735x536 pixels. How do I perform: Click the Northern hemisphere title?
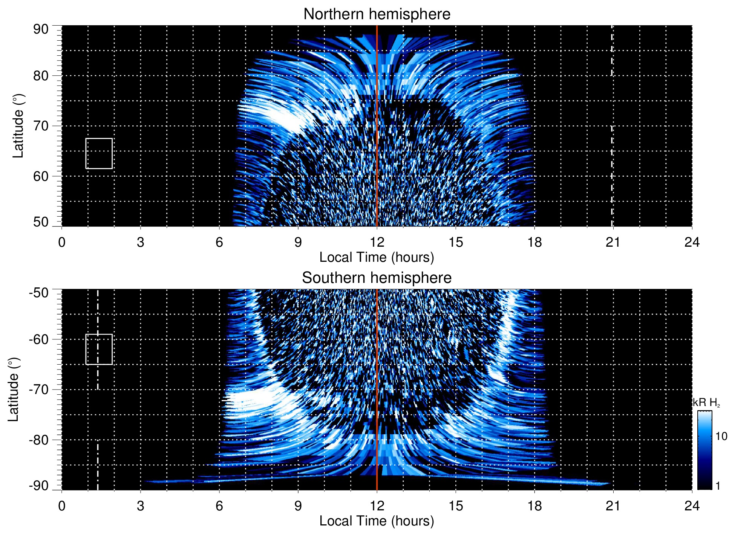(377, 14)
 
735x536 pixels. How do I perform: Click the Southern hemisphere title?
(377, 278)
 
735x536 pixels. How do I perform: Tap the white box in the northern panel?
(99, 153)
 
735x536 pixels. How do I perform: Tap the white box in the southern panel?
(99, 349)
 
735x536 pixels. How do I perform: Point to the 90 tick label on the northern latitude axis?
(41, 29)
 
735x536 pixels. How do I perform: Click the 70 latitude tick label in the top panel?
(41, 126)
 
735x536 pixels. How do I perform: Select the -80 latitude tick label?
(39, 440)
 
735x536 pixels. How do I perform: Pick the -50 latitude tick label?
(39, 293)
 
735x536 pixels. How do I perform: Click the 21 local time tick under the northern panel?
(613, 242)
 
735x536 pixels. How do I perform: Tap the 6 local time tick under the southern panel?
(219, 506)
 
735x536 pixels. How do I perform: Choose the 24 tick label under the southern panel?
(692, 506)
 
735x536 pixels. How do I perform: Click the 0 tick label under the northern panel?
(62, 242)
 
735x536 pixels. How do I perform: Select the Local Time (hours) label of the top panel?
(377, 257)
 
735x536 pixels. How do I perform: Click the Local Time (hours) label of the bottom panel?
(377, 521)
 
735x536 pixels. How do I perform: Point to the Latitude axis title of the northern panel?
(18, 126)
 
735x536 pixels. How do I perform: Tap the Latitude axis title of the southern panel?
(14, 389)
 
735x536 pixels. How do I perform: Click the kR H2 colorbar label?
(706, 403)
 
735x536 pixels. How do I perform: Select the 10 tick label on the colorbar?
(721, 436)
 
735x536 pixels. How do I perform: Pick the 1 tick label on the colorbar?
(718, 486)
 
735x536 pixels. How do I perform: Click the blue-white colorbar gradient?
(704, 450)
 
